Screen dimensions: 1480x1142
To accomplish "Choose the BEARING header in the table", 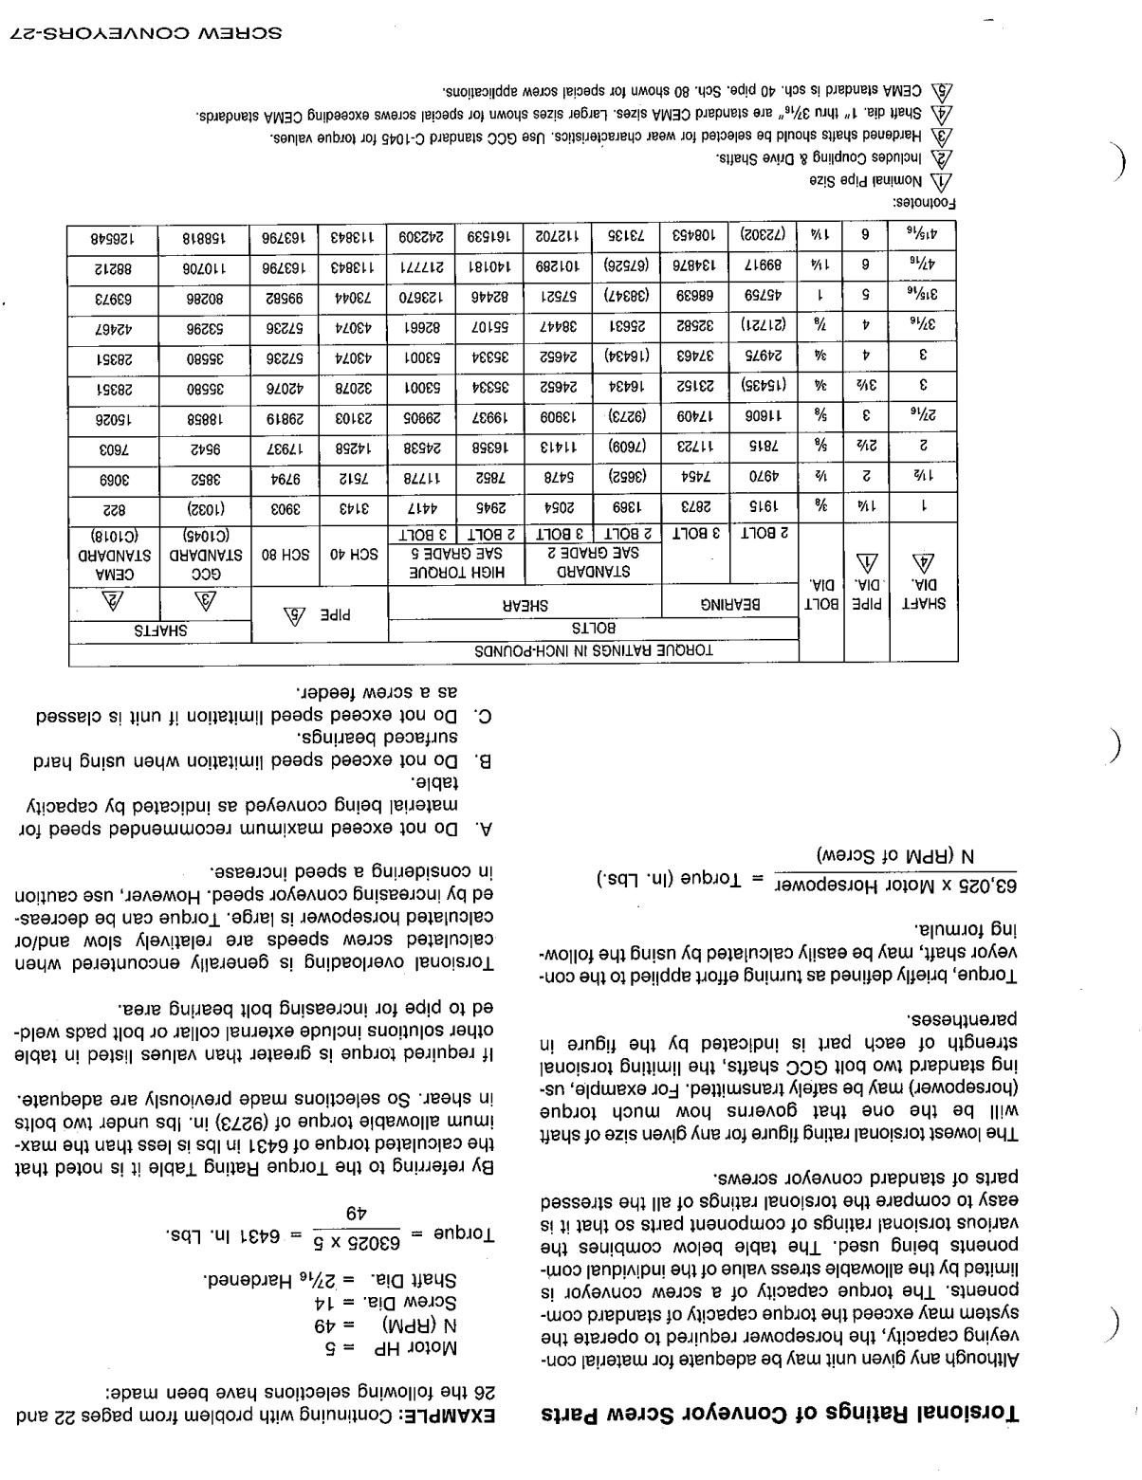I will (x=730, y=604).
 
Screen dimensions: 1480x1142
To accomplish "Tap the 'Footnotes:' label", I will (x=926, y=203).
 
